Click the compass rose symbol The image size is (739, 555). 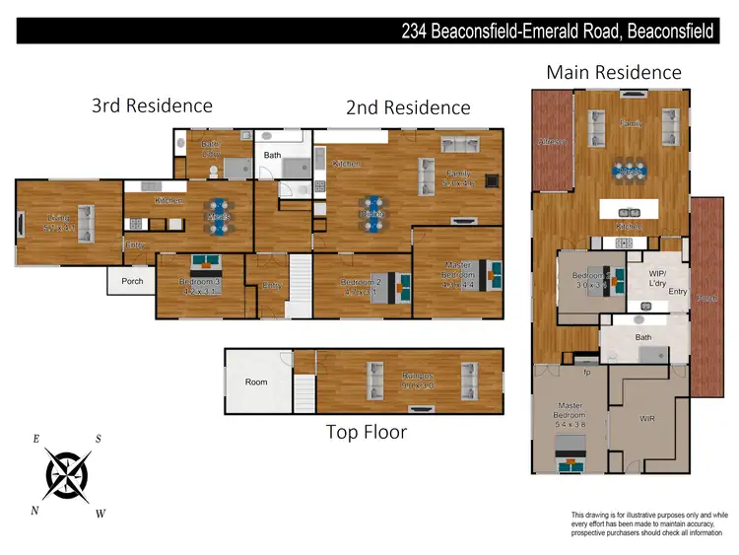click(69, 476)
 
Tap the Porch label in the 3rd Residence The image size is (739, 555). click(132, 281)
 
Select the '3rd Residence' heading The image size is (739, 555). click(152, 105)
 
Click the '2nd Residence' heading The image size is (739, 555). click(408, 107)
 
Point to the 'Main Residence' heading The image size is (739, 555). click(613, 72)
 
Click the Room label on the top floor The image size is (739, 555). click(256, 382)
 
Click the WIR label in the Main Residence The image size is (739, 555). click(647, 419)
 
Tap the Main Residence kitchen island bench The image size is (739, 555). click(629, 210)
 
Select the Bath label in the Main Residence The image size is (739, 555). click(643, 337)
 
